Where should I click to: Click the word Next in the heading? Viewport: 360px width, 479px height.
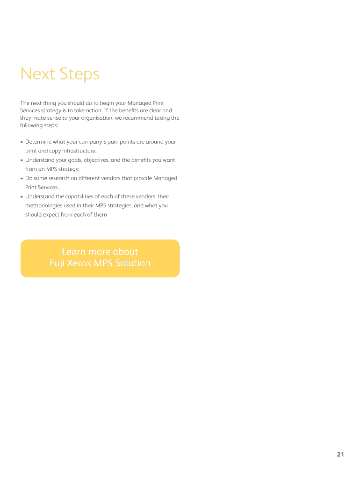(38, 74)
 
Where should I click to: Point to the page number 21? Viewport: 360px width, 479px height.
(340, 454)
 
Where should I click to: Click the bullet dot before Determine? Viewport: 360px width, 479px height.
(22, 142)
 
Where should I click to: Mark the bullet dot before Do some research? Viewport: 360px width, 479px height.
(22, 178)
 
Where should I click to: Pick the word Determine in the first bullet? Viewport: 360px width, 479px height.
(38, 142)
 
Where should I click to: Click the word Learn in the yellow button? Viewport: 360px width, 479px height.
(73, 252)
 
